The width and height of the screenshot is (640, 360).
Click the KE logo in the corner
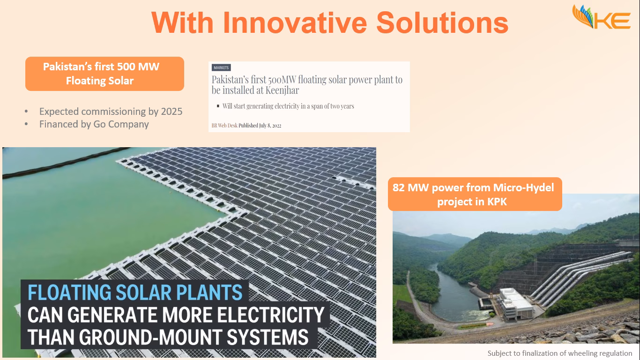click(602, 17)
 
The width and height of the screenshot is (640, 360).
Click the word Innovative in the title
click(295, 22)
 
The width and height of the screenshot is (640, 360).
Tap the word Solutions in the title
click(442, 22)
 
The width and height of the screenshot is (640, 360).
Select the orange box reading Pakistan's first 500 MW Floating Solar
click(104, 74)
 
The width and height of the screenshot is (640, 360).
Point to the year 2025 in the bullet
click(171, 112)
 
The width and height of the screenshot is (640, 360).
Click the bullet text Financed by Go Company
click(94, 124)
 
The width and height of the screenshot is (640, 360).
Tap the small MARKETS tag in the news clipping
click(221, 68)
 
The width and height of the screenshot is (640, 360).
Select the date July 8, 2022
click(270, 126)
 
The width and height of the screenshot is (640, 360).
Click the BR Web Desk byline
click(224, 126)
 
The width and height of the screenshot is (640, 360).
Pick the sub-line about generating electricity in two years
click(288, 106)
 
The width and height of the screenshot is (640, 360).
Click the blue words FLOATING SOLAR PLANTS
click(135, 292)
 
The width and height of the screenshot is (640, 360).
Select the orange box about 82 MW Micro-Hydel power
click(475, 194)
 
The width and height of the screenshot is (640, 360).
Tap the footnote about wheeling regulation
click(559, 353)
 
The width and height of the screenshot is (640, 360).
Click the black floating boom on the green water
click(66, 163)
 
